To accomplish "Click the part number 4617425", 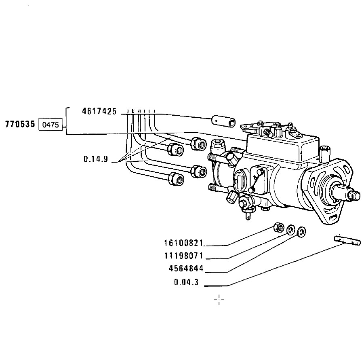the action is click(x=99, y=111).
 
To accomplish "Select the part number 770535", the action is click(x=20, y=124).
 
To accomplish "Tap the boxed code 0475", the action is click(x=50, y=125).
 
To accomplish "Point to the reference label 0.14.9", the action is click(x=96, y=159).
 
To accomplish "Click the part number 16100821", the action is click(x=184, y=243).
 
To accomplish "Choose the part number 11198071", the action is click(x=184, y=256).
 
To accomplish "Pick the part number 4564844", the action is click(x=186, y=269).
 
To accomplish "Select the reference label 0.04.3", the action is click(x=186, y=282).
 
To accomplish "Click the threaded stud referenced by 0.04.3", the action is click(x=347, y=240).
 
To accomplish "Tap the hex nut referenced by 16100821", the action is click(x=279, y=227).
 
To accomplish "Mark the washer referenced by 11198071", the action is click(x=291, y=229).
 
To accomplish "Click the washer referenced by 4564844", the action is click(x=301, y=232).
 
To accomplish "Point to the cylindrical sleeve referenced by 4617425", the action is click(x=223, y=121).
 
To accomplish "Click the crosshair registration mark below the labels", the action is click(x=219, y=300).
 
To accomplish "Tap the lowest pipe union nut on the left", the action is click(x=176, y=179).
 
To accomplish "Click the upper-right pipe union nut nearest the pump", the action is click(x=198, y=144).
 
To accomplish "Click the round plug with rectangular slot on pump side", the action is click(x=239, y=181).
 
